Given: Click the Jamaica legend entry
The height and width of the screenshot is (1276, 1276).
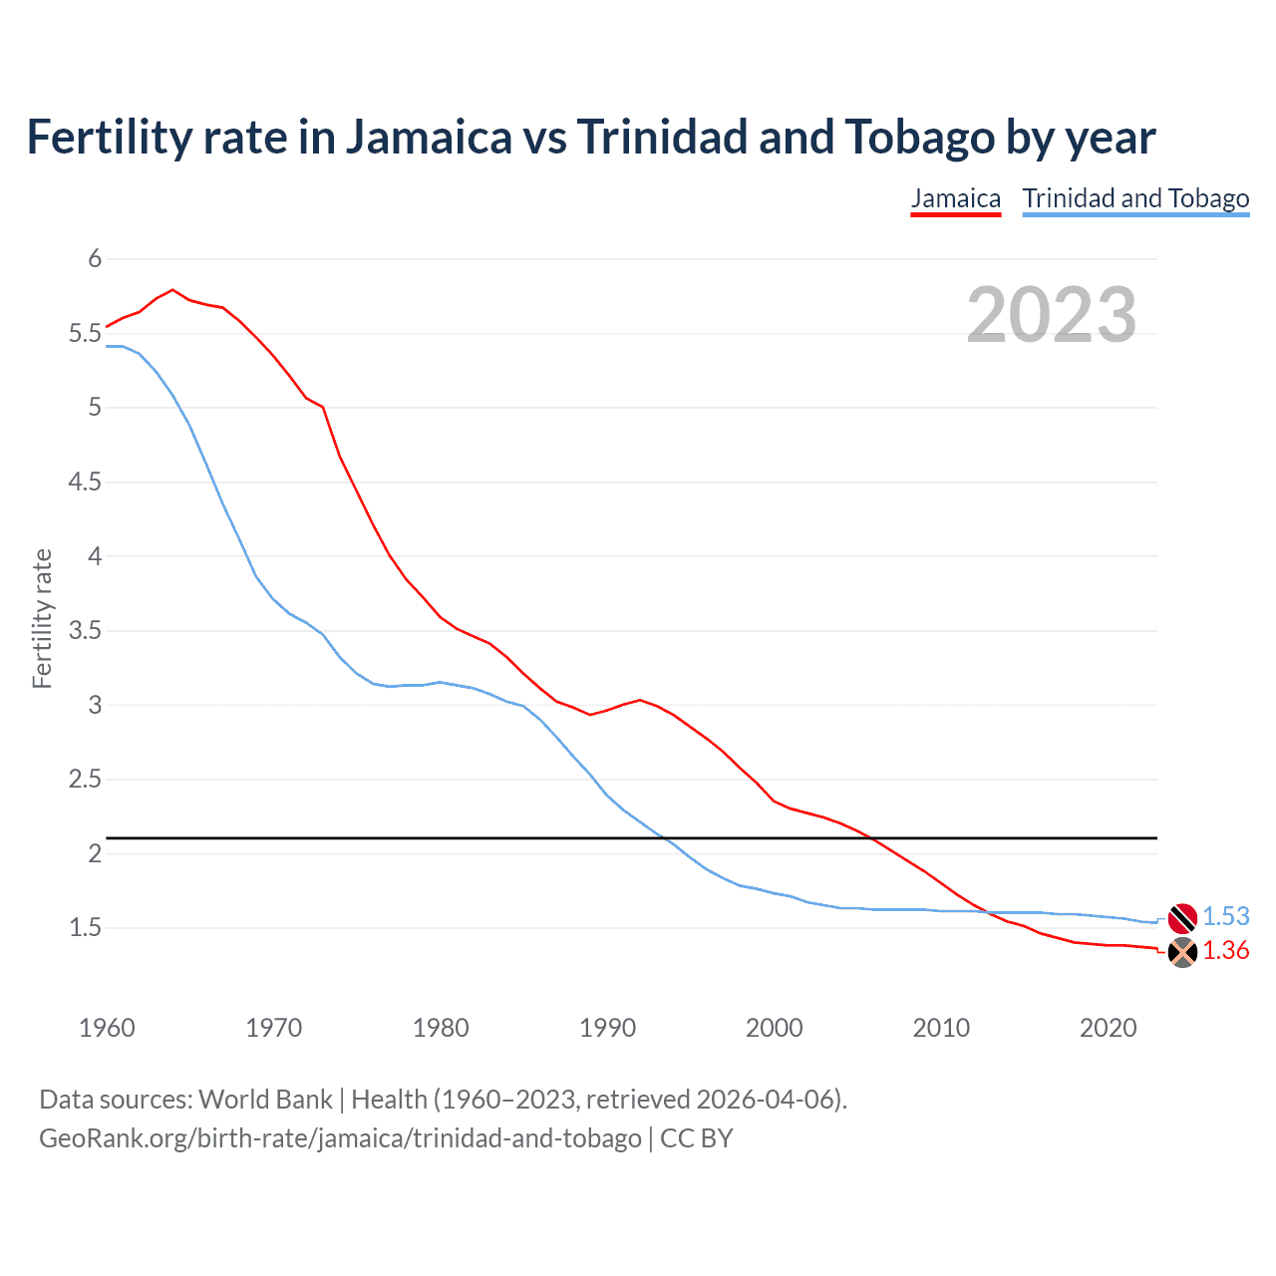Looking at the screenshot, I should coord(955,198).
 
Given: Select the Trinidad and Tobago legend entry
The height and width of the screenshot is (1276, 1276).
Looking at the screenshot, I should coord(1135,198).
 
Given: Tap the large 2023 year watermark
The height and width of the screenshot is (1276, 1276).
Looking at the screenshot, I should coord(1051,315).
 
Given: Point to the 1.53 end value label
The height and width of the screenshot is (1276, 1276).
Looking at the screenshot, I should coord(1225,916).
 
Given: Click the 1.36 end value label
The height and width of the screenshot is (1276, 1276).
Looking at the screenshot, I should coord(1225,951).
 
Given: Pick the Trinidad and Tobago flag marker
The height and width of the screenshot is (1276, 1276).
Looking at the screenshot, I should coord(1181,917).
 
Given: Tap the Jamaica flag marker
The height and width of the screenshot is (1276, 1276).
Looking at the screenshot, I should coord(1181,952).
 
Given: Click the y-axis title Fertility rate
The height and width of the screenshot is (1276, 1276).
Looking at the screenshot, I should coord(42,618).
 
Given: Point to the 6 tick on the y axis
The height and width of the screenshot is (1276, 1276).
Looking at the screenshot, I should coord(96,259).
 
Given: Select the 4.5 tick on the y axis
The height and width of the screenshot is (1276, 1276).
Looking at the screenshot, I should coord(86,482).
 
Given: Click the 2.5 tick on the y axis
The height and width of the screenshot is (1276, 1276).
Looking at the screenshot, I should coord(86,780).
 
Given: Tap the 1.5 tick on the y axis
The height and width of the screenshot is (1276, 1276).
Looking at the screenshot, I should coord(86,928).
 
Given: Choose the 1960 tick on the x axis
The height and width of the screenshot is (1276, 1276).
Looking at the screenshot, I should coord(107,1028).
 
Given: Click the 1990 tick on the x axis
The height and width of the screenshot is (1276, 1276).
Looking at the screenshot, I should coord(607,1028).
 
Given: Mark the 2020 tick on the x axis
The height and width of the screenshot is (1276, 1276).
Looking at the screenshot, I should coord(1108,1028).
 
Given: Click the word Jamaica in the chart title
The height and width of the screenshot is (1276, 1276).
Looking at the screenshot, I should coord(429,138).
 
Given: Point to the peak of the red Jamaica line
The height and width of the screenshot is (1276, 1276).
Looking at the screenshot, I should coord(172,290).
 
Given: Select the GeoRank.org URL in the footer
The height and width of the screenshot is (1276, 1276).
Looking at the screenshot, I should coord(340,1138).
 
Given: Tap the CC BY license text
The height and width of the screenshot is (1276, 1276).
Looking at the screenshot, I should coord(697,1138).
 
